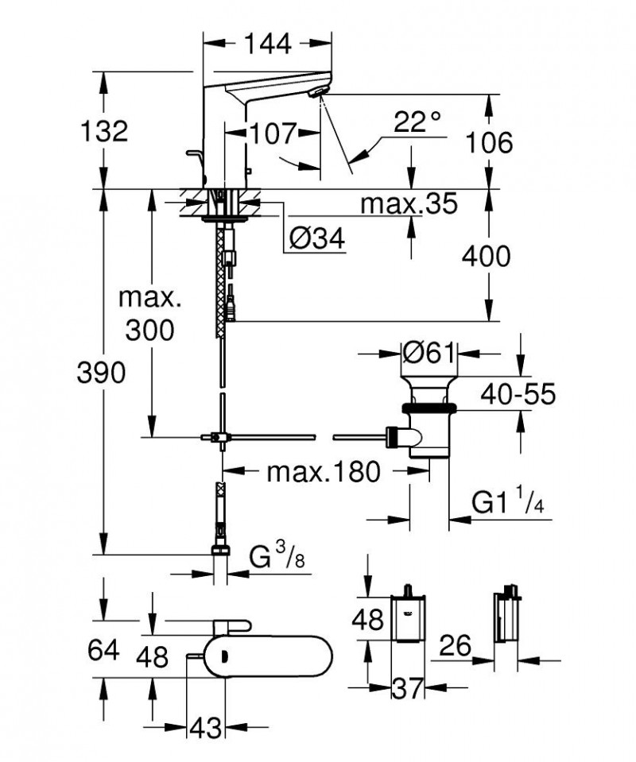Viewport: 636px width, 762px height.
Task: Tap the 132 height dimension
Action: point(105,131)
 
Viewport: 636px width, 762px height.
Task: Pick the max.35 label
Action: point(409,204)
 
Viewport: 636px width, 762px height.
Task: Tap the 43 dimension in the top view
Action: point(205,726)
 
